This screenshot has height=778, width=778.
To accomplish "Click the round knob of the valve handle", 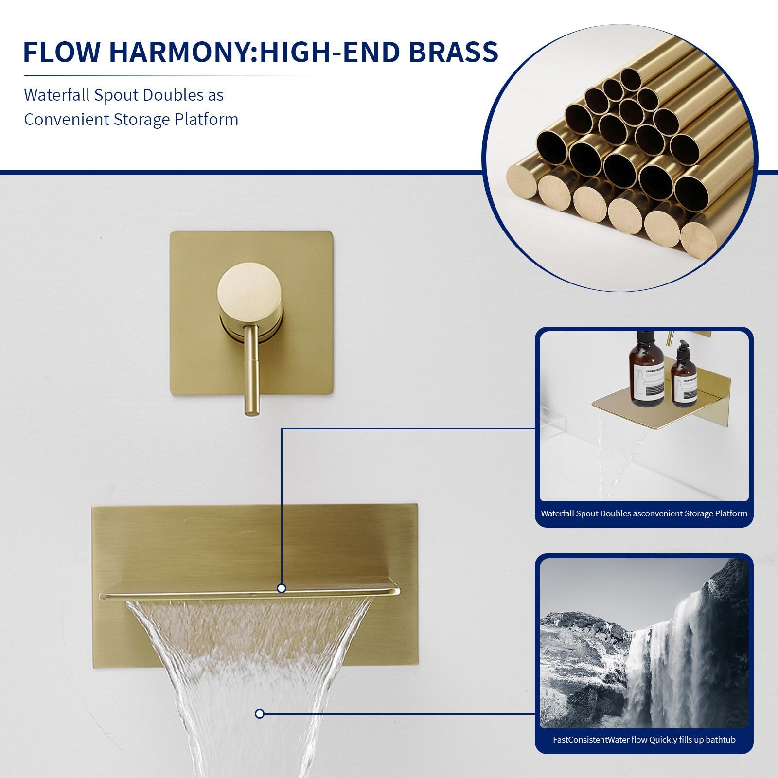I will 249,293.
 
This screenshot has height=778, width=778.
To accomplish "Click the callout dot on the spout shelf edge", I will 281,589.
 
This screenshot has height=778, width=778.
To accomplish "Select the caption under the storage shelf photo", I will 644,513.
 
